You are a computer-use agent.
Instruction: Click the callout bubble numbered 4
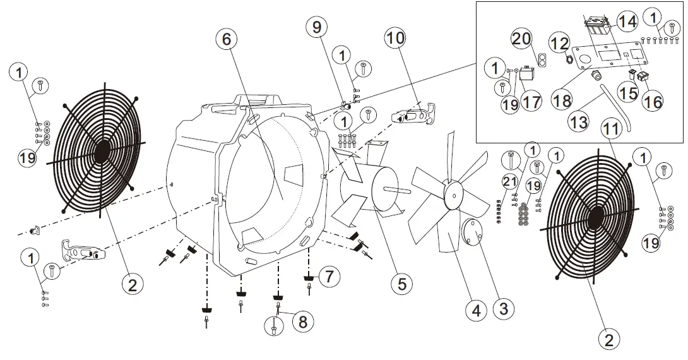[477, 310]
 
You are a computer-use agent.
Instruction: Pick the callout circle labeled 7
[329, 275]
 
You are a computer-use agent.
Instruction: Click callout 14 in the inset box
[627, 21]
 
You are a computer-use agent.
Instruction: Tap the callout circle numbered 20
[521, 40]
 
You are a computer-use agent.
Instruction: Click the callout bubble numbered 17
[531, 102]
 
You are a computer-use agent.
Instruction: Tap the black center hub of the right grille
[595, 219]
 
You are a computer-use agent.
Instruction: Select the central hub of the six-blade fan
[451, 194]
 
